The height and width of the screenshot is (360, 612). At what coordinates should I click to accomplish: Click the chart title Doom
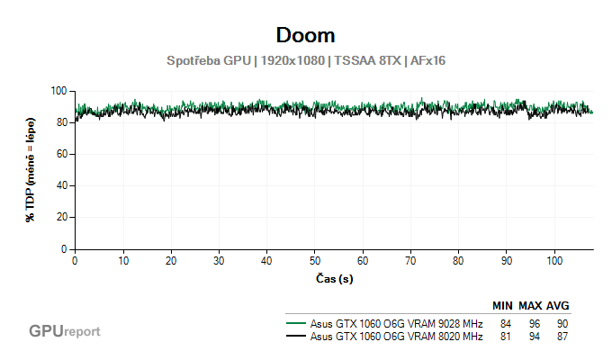pyautogui.click(x=305, y=35)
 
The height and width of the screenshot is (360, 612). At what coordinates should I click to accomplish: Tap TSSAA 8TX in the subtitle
pyautogui.click(x=366, y=61)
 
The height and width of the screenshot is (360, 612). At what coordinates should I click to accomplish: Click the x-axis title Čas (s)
pyautogui.click(x=333, y=279)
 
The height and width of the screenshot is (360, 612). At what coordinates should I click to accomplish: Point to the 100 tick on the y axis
pyautogui.click(x=59, y=91)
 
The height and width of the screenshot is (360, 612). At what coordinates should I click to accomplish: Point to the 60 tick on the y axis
pyautogui.click(x=62, y=154)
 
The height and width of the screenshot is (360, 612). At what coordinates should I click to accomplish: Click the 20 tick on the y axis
pyautogui.click(x=62, y=218)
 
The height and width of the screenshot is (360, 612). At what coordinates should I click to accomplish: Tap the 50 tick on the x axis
pyautogui.click(x=314, y=260)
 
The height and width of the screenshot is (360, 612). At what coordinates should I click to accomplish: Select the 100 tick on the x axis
pyautogui.click(x=553, y=260)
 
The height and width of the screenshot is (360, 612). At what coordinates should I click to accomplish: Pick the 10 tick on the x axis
pyautogui.click(x=122, y=260)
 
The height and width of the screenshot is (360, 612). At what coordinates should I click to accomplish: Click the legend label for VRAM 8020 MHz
pyautogui.click(x=396, y=337)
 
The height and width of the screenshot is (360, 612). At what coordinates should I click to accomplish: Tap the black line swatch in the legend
pyautogui.click(x=296, y=337)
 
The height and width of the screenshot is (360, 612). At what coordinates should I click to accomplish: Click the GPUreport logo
pyautogui.click(x=64, y=331)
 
